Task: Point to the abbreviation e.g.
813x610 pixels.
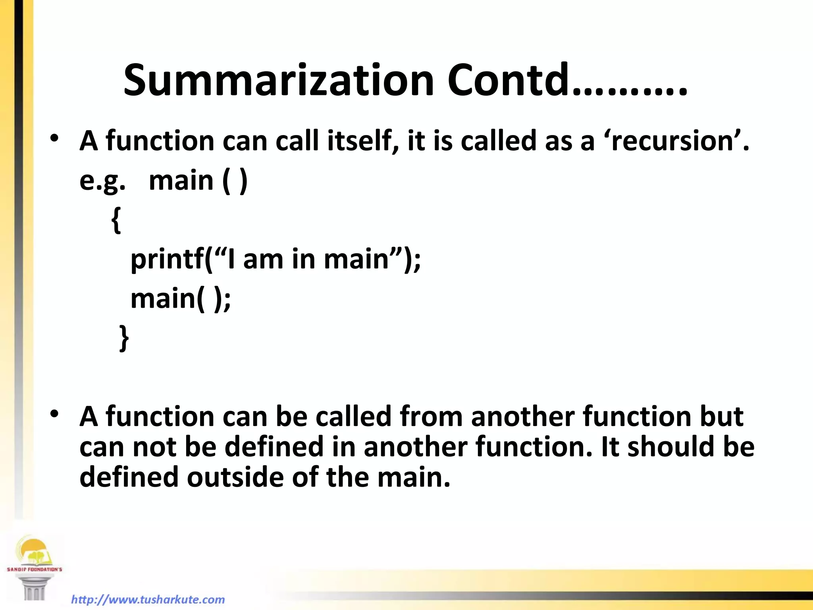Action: coord(102,181)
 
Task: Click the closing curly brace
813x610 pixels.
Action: coord(124,338)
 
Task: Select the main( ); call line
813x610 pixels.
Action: coord(181,299)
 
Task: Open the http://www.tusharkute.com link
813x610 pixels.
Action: coord(148,599)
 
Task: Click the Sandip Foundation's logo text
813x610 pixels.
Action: coord(35,569)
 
